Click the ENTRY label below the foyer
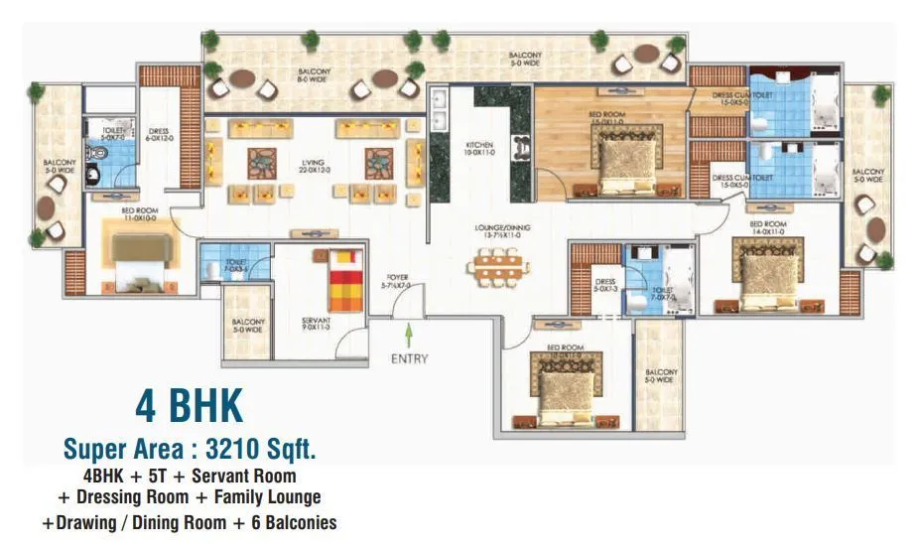click(408, 357)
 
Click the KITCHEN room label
click(479, 150)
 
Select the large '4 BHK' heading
click(189, 408)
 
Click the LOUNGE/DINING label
click(497, 232)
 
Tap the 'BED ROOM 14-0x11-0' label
click(767, 228)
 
